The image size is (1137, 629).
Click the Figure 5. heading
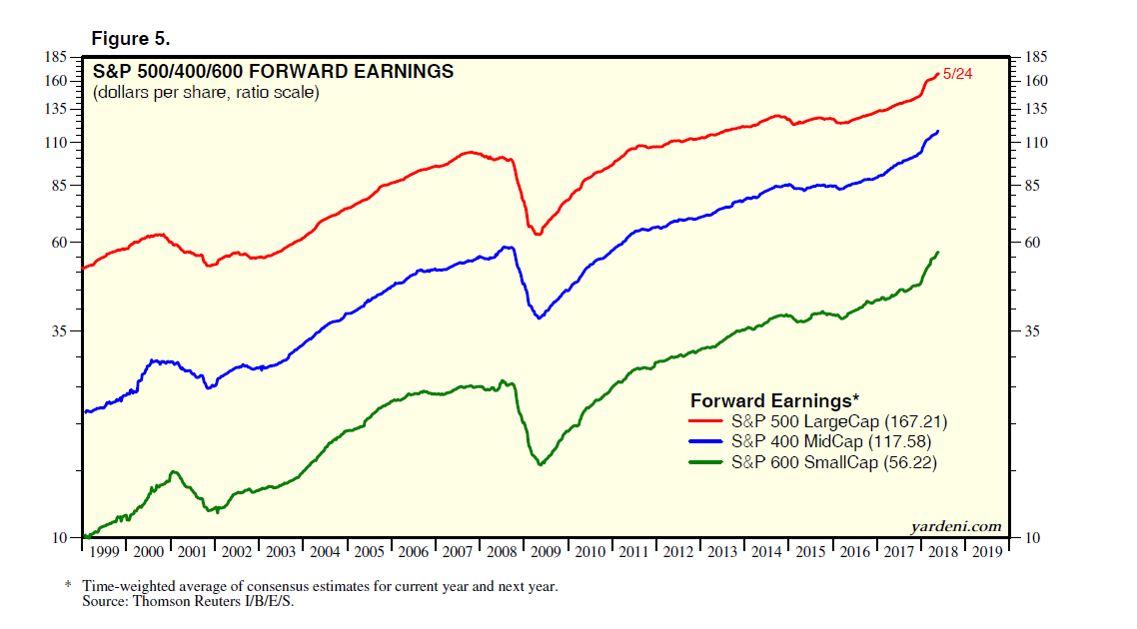pyautogui.click(x=131, y=39)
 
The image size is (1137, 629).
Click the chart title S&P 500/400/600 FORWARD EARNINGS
pyautogui.click(x=273, y=72)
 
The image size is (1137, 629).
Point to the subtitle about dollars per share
pyautogui.click(x=206, y=94)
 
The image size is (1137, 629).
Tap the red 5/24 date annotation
pyautogui.click(x=957, y=74)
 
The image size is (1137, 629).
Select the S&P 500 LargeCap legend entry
pyautogui.click(x=838, y=421)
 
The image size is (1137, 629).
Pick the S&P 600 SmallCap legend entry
pyautogui.click(x=834, y=462)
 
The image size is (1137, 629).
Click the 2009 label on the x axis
pyautogui.click(x=545, y=551)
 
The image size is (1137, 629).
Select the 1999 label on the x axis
pyautogui.click(x=104, y=551)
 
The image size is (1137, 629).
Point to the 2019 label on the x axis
pyautogui.click(x=985, y=551)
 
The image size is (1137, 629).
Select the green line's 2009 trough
pyautogui.click(x=541, y=464)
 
